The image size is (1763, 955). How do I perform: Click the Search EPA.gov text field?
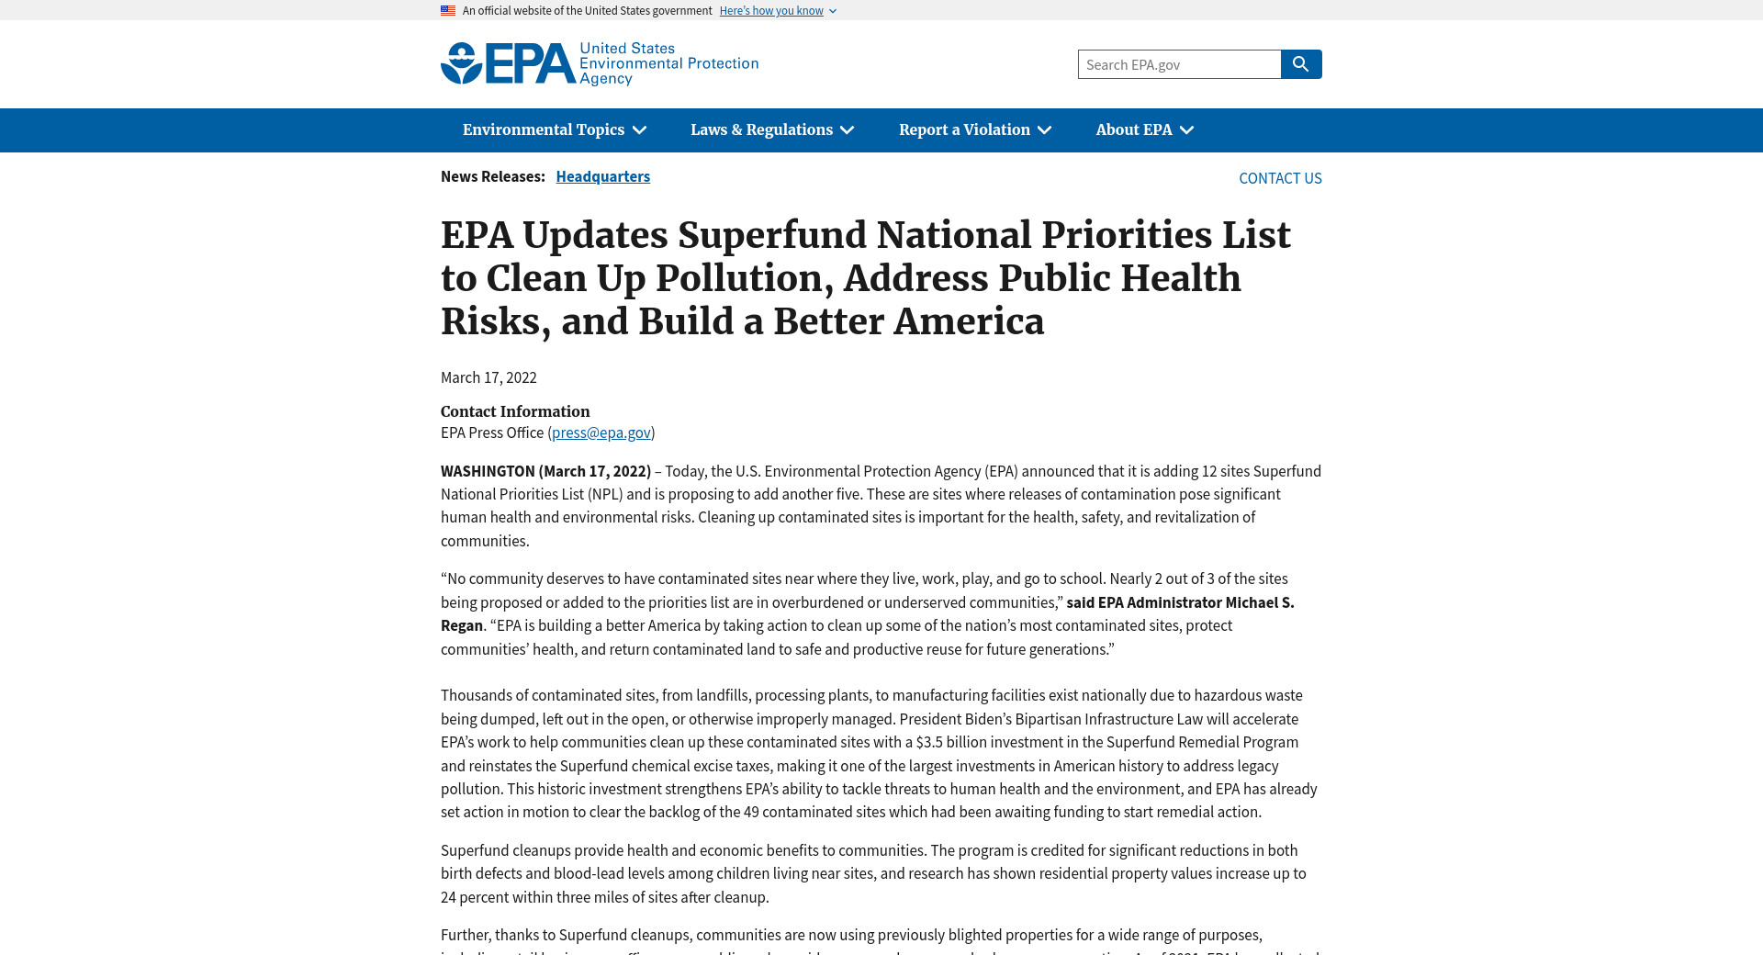(x=1179, y=64)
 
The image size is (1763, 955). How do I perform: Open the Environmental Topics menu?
(x=554, y=130)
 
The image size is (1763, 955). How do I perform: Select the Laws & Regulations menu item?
(x=771, y=130)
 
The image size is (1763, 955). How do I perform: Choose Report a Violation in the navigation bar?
(x=974, y=130)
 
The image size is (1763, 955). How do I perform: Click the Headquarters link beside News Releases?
(x=602, y=176)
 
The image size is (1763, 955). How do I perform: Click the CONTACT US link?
(x=1280, y=178)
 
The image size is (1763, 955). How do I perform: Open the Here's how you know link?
(x=771, y=11)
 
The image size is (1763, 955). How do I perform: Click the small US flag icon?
(x=448, y=11)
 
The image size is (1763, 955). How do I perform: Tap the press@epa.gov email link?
(x=601, y=433)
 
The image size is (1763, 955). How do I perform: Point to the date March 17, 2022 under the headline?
(x=488, y=377)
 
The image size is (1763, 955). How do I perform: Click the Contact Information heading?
(x=515, y=411)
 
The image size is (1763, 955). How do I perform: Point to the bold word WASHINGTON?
(x=487, y=471)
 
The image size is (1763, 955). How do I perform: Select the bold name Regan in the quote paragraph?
(x=461, y=625)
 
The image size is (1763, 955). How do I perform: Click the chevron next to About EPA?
(x=1187, y=130)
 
